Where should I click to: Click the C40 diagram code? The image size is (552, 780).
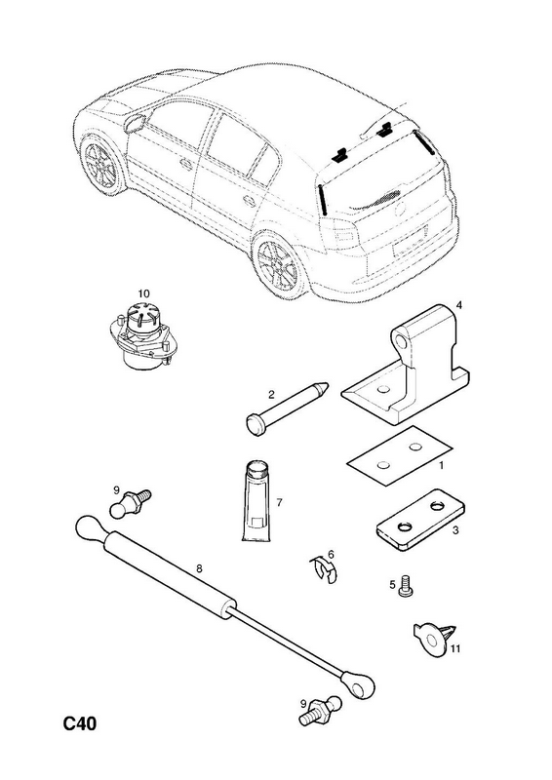pyautogui.click(x=80, y=723)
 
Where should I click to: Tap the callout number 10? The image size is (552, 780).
pyautogui.click(x=143, y=294)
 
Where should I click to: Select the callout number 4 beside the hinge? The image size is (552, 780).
pyautogui.click(x=459, y=305)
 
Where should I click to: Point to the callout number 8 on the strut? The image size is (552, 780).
pyautogui.click(x=199, y=569)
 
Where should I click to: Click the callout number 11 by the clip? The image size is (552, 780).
pyautogui.click(x=455, y=648)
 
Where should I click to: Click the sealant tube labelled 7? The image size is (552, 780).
pyautogui.click(x=257, y=501)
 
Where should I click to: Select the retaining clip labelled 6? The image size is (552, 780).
pyautogui.click(x=324, y=567)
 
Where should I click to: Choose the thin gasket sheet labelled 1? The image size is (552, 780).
pyautogui.click(x=400, y=455)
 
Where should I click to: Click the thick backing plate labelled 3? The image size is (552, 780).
pyautogui.click(x=420, y=519)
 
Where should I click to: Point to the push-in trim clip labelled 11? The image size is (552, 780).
pyautogui.click(x=435, y=637)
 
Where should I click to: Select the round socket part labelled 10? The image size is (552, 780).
pyautogui.click(x=141, y=336)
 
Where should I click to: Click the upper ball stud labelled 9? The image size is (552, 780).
pyautogui.click(x=129, y=502)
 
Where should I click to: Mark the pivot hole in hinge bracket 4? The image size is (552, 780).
pyautogui.click(x=401, y=342)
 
